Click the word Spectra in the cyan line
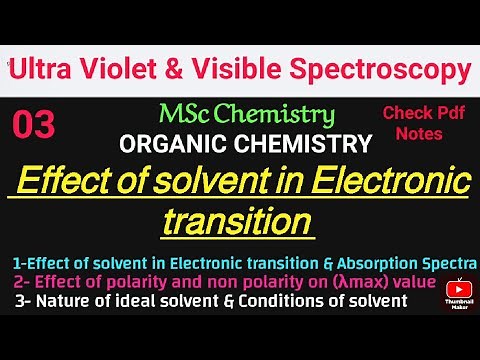point(448,263)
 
